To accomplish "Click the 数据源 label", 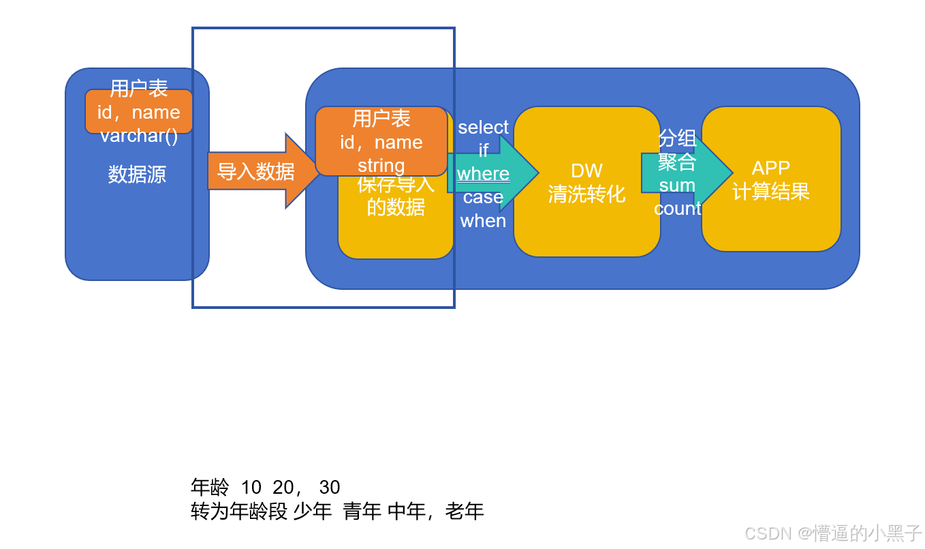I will click(x=137, y=175).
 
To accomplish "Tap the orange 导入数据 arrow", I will click(x=256, y=171).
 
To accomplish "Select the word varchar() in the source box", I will click(x=139, y=136).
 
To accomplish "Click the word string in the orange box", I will click(x=381, y=165).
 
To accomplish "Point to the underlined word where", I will click(x=483, y=174).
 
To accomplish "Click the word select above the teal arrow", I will click(x=483, y=128).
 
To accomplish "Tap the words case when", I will click(x=483, y=209).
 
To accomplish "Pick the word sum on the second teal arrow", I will click(x=677, y=186).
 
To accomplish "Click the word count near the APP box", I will click(x=677, y=209).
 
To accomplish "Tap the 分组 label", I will click(x=677, y=139).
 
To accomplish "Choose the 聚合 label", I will click(x=677, y=162).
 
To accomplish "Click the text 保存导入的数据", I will click(x=396, y=196).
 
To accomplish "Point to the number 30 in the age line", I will click(x=330, y=487).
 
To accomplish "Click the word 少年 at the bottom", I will click(x=312, y=511).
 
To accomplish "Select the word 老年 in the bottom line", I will click(x=465, y=511).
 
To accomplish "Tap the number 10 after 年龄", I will click(x=251, y=487).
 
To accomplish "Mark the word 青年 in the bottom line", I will click(x=362, y=511).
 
